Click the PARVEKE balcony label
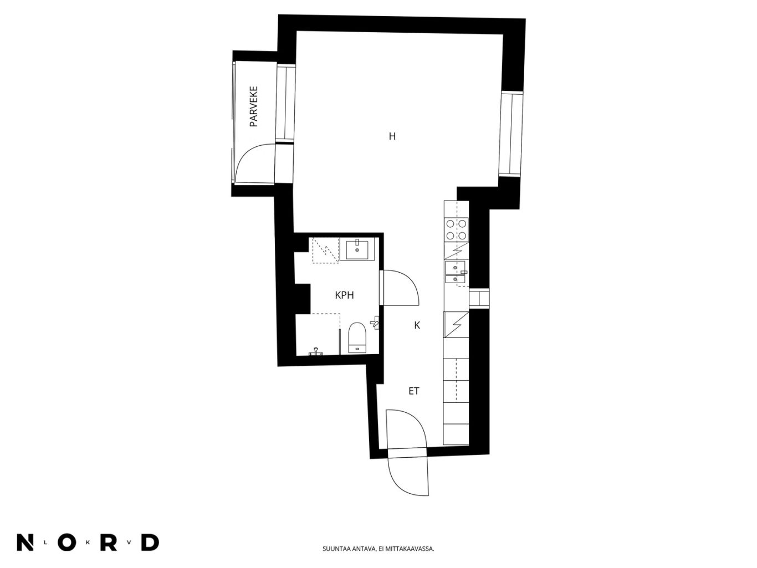point(253,106)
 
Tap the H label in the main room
point(392,136)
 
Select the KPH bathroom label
point(344,295)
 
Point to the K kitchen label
point(417,325)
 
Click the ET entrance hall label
point(414,391)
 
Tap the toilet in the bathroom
point(356,337)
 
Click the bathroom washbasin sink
point(357,249)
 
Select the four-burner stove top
point(456,229)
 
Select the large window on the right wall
point(512,134)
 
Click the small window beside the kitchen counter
point(479,298)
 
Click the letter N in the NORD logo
point(25,543)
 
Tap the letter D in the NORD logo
point(150,543)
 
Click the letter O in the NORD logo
point(67,543)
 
